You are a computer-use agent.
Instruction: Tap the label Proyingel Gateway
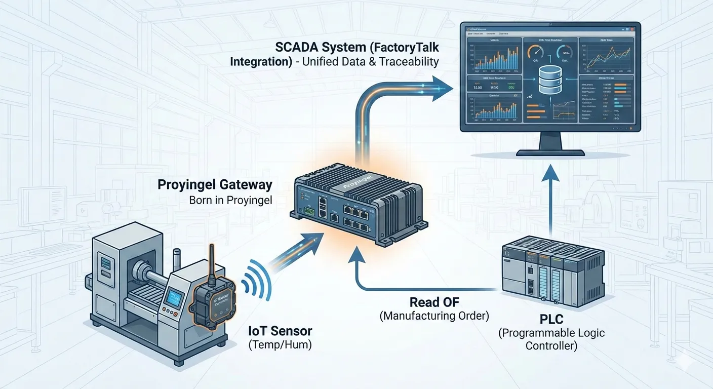pos(215,184)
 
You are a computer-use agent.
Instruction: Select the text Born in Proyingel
pos(230,200)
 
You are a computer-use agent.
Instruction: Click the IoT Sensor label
pos(280,331)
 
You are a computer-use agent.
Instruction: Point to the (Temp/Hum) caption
pos(280,346)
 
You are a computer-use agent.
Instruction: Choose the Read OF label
pos(434,302)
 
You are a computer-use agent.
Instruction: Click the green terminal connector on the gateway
pos(307,210)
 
